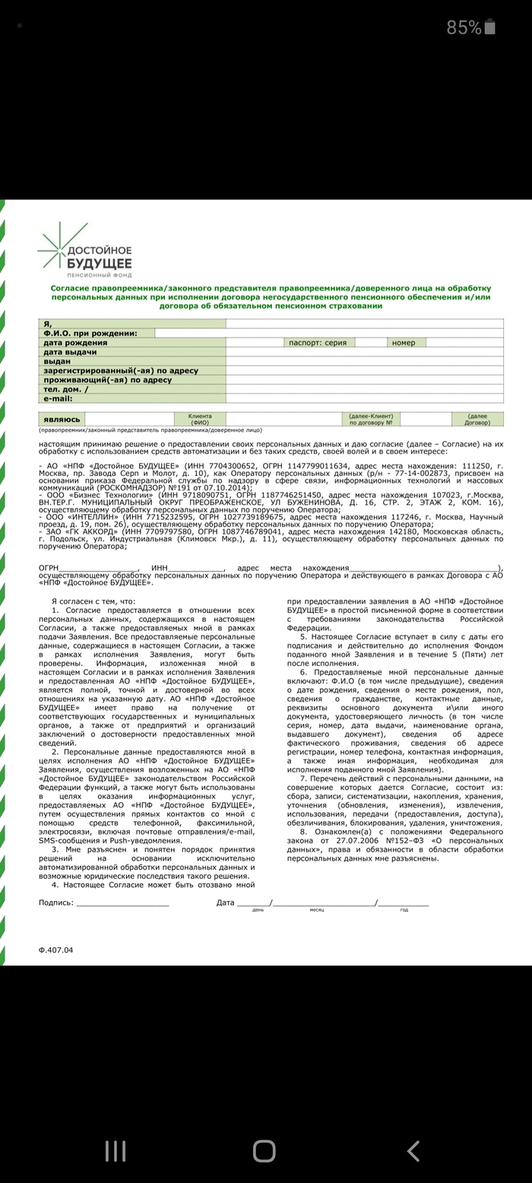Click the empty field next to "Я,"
tap(364, 324)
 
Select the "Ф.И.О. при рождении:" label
tap(90, 333)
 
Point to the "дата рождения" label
tap(75, 343)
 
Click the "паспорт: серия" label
tap(318, 343)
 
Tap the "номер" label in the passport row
tap(404, 343)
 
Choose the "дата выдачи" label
tap(70, 352)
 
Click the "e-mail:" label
tap(58, 398)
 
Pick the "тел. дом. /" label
tap(65, 389)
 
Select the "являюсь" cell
tap(62, 419)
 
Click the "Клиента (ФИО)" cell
tap(200, 419)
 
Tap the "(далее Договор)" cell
tap(477, 419)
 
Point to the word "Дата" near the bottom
tap(225, 902)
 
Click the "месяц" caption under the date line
tap(317, 910)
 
